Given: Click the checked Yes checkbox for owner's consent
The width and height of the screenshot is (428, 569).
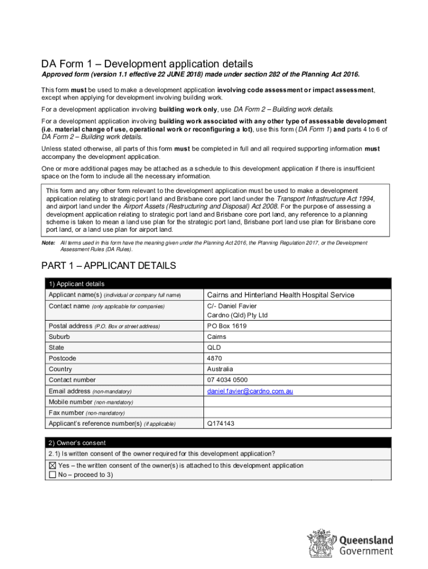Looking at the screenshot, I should (x=52, y=466).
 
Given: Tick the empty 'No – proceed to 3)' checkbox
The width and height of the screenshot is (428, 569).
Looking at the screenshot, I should (x=52, y=475).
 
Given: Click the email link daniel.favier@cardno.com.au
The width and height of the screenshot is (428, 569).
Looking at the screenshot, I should (x=250, y=391).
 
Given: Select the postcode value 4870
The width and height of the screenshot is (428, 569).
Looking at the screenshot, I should (x=213, y=358).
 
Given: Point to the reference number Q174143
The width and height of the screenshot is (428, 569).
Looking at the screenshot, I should (x=221, y=424).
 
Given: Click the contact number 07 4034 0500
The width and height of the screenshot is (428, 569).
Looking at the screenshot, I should (x=227, y=380).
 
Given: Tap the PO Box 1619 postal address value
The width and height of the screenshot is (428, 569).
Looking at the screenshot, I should (x=226, y=326).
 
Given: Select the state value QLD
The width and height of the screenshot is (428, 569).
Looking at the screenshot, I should (x=213, y=348).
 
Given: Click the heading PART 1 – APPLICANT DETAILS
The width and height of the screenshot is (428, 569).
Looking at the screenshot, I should (x=109, y=266).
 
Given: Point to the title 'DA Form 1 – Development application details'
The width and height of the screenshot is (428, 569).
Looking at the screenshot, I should (x=147, y=64).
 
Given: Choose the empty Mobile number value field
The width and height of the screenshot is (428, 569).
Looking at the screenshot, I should (x=297, y=402).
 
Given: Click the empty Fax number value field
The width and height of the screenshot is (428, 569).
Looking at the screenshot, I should (x=297, y=413).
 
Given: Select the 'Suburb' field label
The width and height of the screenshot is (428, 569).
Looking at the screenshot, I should (x=59, y=337).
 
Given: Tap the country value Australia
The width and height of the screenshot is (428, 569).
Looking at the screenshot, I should (x=220, y=370).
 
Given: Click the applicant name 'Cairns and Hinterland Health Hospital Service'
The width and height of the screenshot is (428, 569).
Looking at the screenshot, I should (x=280, y=295).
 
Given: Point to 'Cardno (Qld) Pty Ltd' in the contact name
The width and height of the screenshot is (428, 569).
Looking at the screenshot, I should (x=237, y=315).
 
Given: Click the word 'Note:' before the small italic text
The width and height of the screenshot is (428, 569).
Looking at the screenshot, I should (x=48, y=243).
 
